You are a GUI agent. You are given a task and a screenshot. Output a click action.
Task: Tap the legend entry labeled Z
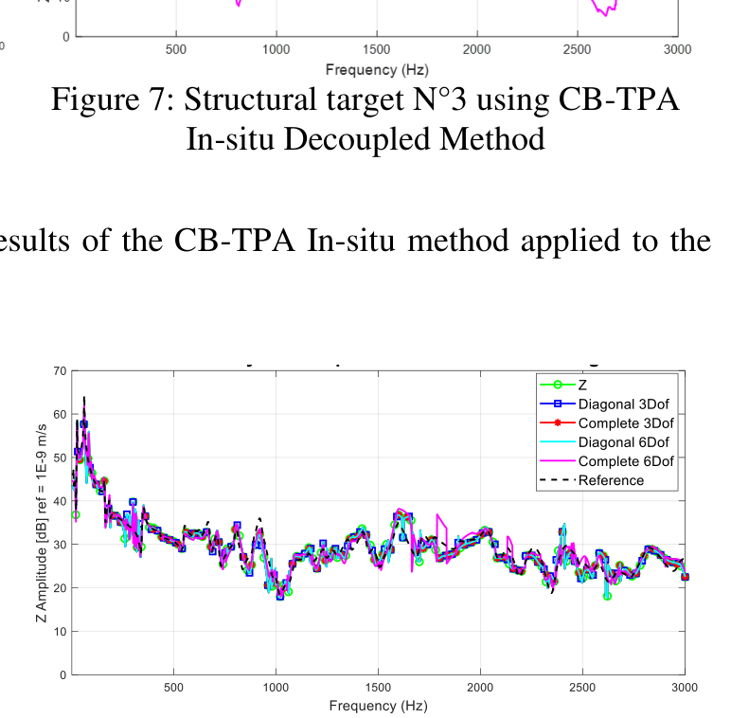tap(582, 385)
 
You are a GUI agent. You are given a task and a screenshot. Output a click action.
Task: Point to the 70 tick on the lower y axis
tap(62, 371)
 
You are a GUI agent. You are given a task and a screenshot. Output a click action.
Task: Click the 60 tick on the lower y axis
tap(62, 415)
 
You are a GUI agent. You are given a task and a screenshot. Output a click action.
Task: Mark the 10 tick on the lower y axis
tap(62, 632)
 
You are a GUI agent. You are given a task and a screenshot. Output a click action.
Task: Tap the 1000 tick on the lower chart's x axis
tap(276, 688)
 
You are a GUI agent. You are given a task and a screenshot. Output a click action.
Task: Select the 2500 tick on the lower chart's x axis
tap(582, 688)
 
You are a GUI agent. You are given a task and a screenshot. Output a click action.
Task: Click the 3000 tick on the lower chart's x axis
tap(684, 688)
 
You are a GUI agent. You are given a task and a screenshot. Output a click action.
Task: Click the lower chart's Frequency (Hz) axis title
tap(378, 706)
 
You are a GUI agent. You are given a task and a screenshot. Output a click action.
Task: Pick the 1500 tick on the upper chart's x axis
tap(376, 49)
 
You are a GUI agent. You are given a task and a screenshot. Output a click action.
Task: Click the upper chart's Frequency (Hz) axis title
tap(377, 69)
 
